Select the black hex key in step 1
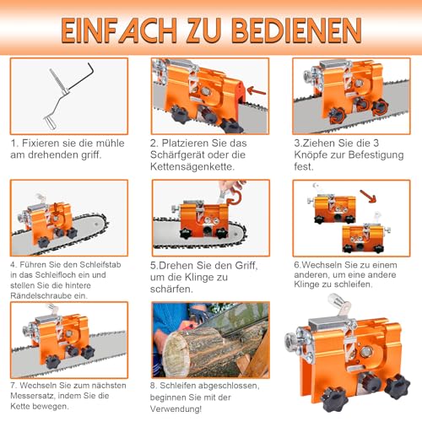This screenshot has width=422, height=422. point(84,75)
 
